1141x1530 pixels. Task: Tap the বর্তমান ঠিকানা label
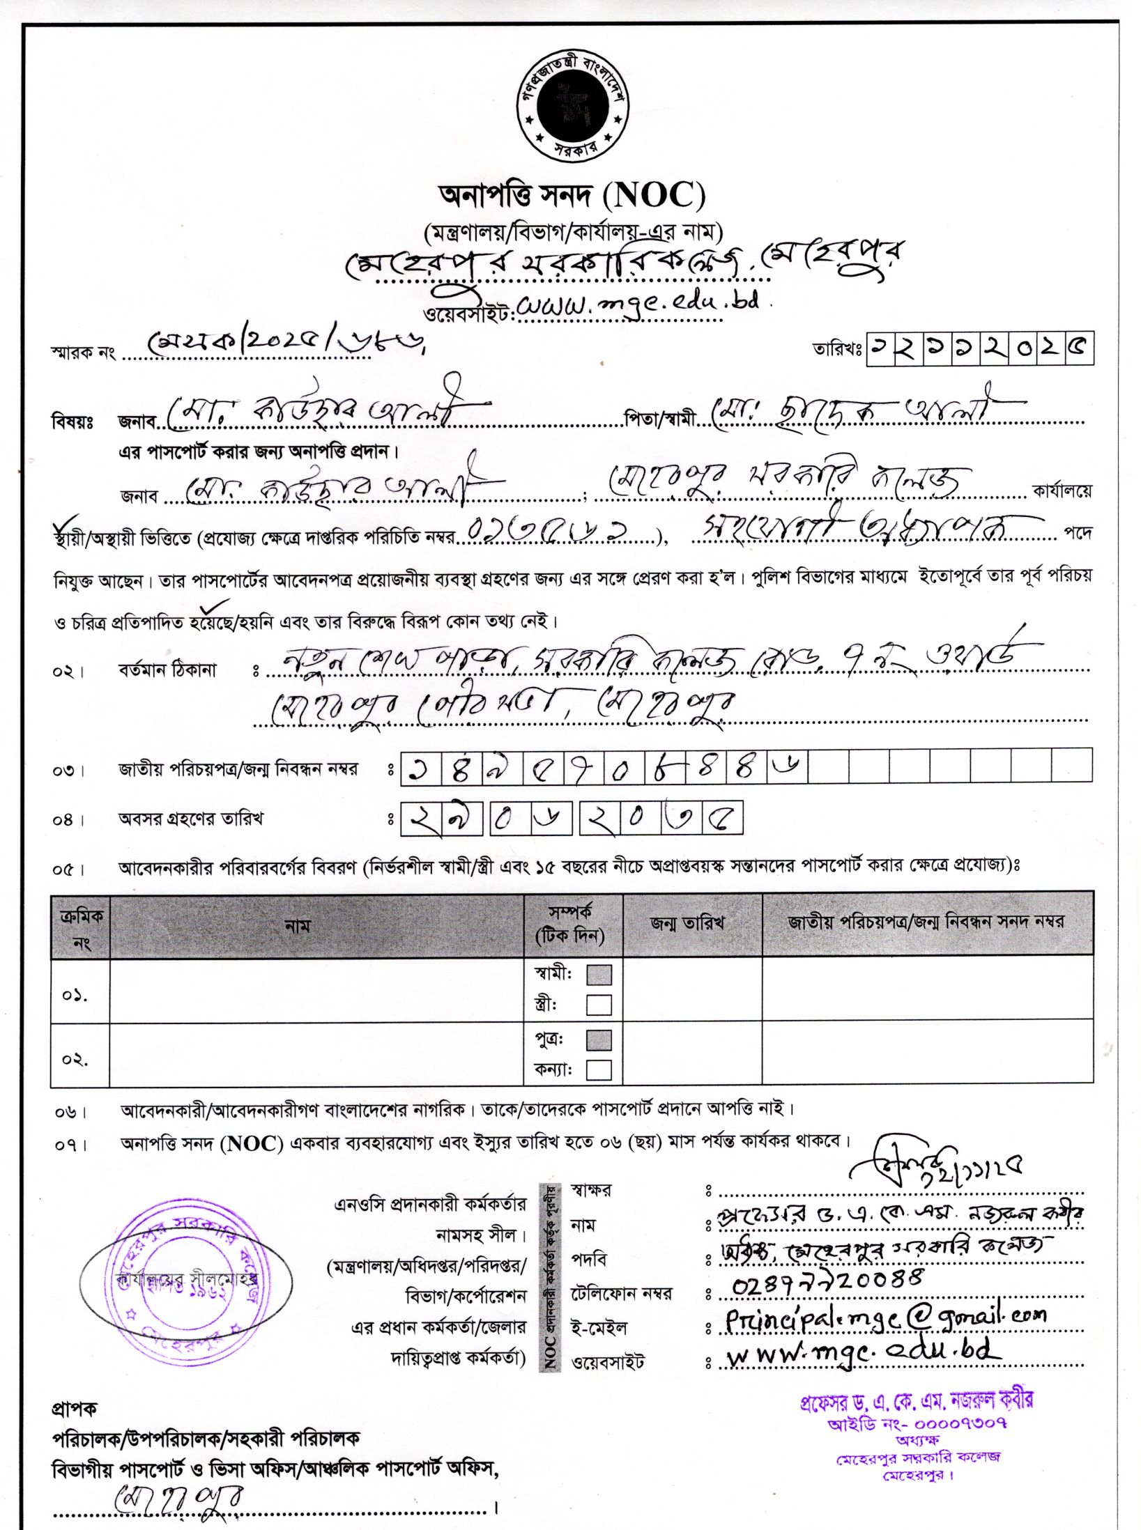point(167,670)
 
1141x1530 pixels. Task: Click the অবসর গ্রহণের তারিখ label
point(190,819)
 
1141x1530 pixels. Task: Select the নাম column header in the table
point(297,926)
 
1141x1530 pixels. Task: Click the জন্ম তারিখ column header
point(687,923)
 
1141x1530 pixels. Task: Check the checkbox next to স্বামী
point(599,975)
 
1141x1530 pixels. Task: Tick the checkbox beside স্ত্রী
point(599,1005)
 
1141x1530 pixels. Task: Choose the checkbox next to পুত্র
point(599,1040)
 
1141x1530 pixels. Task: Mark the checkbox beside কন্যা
point(599,1069)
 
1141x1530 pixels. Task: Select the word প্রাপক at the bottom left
point(75,1409)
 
